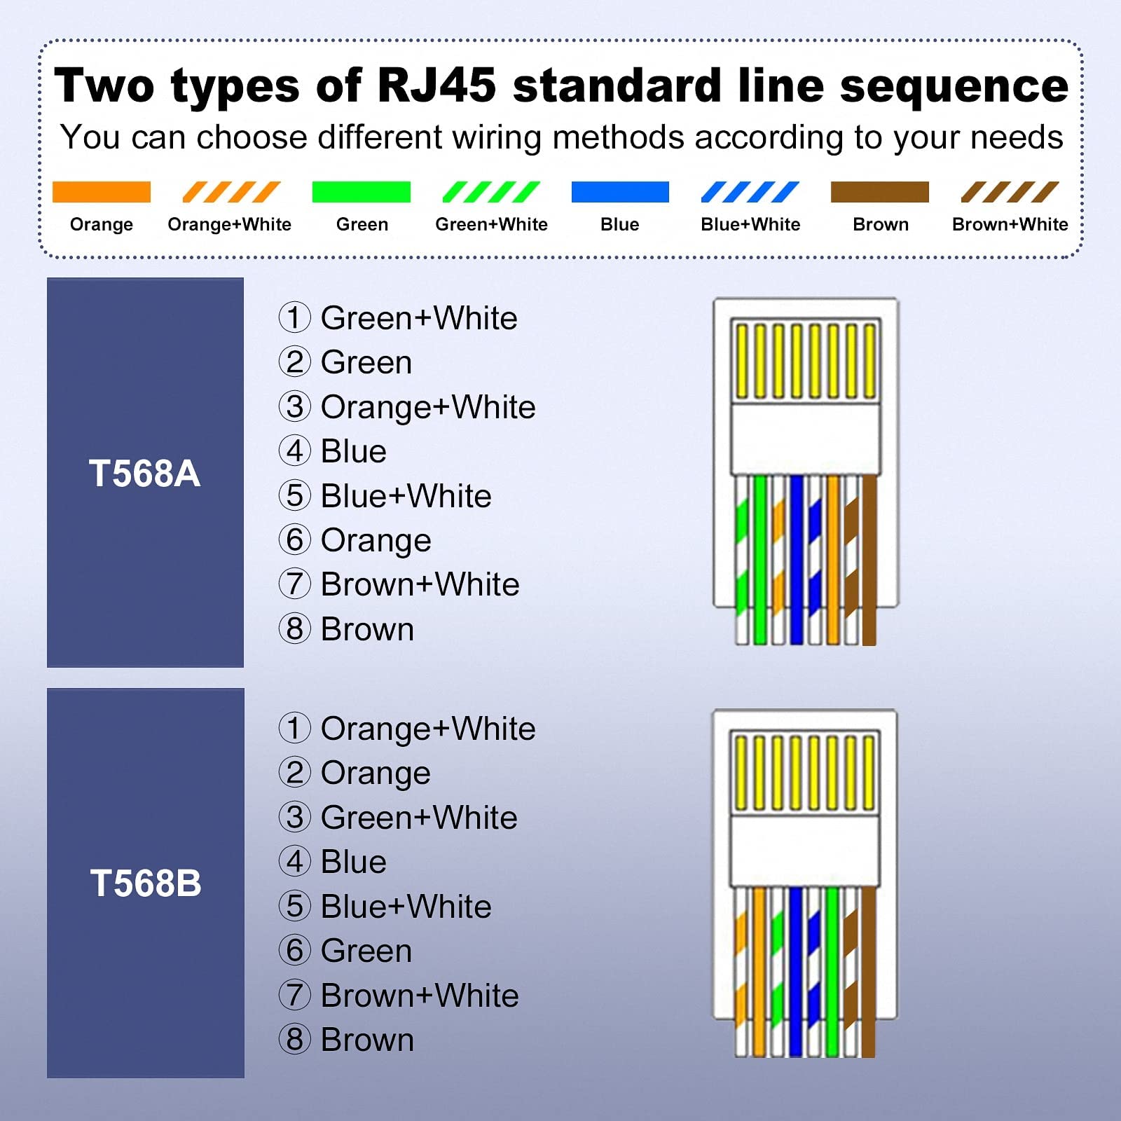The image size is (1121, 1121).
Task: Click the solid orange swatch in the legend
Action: (x=102, y=192)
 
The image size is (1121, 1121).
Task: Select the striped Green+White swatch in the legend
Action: (x=491, y=192)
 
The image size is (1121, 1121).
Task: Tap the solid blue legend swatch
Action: (x=620, y=192)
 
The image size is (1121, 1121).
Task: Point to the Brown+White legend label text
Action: (x=1010, y=224)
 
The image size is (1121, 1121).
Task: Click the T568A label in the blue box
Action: (x=145, y=473)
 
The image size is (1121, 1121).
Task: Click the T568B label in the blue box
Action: (x=146, y=883)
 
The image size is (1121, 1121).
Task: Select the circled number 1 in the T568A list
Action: (x=295, y=317)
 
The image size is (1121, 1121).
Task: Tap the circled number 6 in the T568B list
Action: (x=295, y=950)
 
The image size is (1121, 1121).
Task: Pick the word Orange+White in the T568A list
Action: (x=428, y=407)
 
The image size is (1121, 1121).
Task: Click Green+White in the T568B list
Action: (x=419, y=818)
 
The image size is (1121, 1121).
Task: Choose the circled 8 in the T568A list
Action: (x=295, y=628)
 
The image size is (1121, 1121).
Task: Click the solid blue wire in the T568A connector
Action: (x=797, y=560)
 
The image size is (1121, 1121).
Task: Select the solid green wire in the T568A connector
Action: (x=760, y=560)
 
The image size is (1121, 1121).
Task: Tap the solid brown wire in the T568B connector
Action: (x=869, y=972)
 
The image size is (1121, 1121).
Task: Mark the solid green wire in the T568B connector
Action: (x=832, y=972)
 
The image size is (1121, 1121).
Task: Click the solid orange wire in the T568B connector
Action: (x=759, y=972)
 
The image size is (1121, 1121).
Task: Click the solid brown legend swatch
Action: (x=880, y=192)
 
